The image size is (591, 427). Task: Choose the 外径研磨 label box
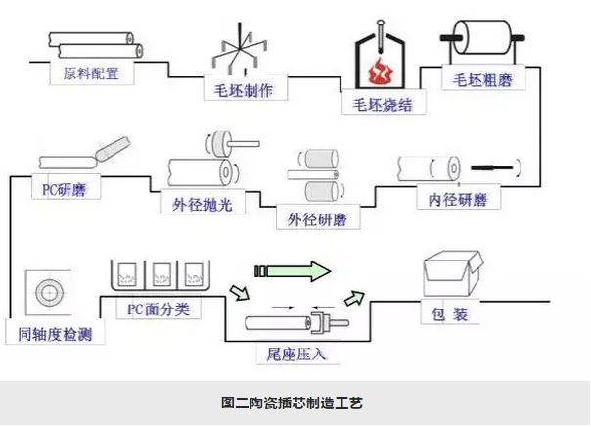tap(317, 218)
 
